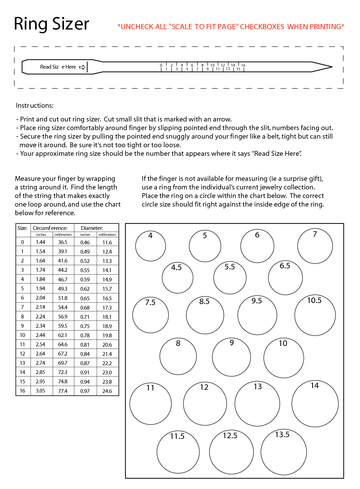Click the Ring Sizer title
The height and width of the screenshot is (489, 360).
(x=51, y=24)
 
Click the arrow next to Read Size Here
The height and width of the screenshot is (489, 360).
(x=82, y=67)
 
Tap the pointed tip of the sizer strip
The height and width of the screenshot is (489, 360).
(x=331, y=67)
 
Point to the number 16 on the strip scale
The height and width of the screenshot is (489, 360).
(x=243, y=65)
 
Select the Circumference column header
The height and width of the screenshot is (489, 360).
(x=50, y=228)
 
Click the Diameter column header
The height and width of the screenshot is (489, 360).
(x=92, y=228)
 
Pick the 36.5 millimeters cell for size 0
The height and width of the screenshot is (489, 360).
(x=63, y=242)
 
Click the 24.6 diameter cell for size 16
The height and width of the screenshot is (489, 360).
(x=107, y=391)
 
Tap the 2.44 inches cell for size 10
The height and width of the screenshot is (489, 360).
(x=40, y=335)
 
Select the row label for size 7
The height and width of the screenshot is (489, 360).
(x=23, y=307)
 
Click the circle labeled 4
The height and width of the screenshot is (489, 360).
(x=151, y=246)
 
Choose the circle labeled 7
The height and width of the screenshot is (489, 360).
(x=315, y=246)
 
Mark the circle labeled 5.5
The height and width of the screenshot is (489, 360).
(x=230, y=278)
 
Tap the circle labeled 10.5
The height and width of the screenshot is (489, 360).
(x=315, y=315)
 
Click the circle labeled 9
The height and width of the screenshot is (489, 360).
(x=231, y=357)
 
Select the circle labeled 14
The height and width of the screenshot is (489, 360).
(x=315, y=404)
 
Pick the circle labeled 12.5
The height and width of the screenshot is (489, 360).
(x=231, y=452)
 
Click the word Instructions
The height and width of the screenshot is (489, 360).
(x=35, y=106)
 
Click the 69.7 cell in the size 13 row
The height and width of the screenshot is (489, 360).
(x=63, y=363)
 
